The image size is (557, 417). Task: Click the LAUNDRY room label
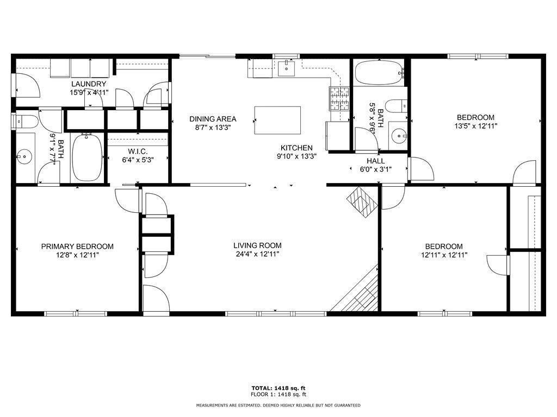[89, 84]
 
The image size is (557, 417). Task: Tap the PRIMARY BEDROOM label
[77, 247]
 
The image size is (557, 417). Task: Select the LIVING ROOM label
[257, 245]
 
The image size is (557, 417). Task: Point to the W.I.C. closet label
[138, 152]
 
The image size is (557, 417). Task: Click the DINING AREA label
[213, 119]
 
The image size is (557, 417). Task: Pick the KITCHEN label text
[296, 148]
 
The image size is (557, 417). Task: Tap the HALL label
[375, 161]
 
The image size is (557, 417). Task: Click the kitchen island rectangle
[277, 120]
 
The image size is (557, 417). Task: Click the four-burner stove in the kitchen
[339, 98]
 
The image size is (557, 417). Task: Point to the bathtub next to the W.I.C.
[88, 157]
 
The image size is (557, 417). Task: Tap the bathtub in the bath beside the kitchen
[379, 73]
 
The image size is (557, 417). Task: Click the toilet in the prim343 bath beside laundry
[25, 121]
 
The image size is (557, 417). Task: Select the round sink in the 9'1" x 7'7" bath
[24, 156]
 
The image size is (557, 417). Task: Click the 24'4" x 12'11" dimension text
[257, 254]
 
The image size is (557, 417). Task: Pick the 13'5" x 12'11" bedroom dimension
[475, 126]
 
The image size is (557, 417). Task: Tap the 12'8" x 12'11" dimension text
[77, 255]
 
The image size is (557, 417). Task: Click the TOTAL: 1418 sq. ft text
[278, 388]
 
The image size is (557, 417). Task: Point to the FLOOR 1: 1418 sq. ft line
[278, 394]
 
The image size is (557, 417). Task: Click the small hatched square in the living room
[362, 202]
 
